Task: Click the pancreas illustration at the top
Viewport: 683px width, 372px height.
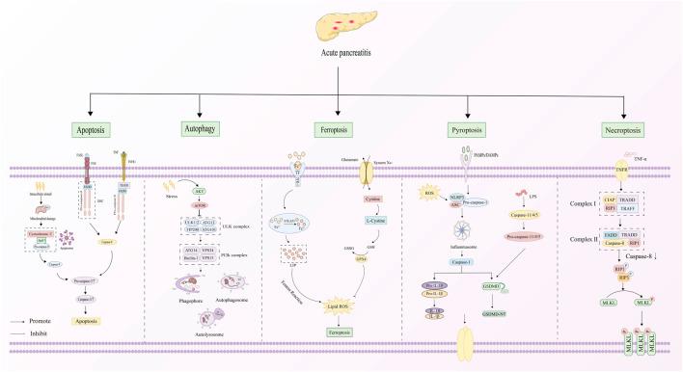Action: (341, 21)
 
